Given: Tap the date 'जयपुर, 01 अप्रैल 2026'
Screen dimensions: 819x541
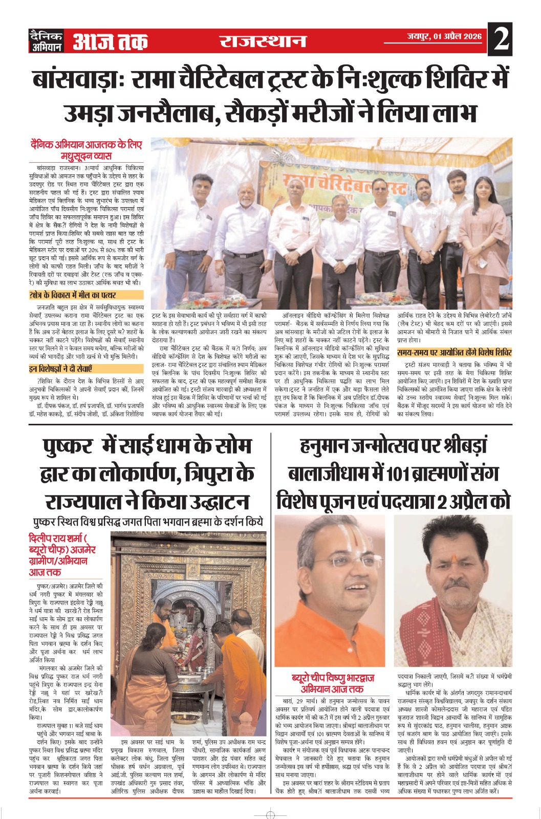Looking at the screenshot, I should [444, 36].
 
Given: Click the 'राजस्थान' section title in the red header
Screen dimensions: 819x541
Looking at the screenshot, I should [263, 40].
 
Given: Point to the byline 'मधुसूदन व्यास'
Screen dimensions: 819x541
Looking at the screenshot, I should [86, 156].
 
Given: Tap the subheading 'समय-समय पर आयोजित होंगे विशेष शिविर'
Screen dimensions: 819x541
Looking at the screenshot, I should [455, 353].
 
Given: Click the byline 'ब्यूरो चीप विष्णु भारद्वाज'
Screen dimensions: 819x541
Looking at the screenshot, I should [333, 678].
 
